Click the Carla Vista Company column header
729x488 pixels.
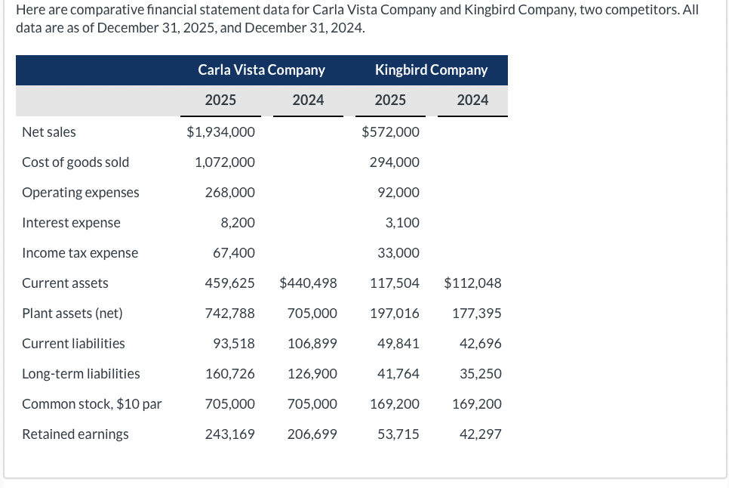261,70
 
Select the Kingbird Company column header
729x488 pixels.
431,70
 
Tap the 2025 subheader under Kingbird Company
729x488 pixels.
390,100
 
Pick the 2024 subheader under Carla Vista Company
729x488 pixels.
308,100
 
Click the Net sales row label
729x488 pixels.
49,132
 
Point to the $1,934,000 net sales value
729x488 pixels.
220,132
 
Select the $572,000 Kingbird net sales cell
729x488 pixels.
390,132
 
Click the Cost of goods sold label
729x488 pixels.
75,162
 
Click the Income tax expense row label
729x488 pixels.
80,253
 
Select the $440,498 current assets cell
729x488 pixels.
308,283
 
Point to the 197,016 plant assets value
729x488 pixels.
395,313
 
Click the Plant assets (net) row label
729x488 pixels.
72,313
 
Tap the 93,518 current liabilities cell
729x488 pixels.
233,344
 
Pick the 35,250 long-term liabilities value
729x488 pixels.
480,374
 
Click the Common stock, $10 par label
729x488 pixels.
92,404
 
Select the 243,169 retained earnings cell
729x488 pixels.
229,434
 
